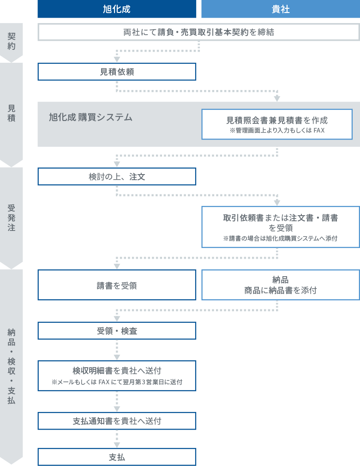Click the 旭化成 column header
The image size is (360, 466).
(x=117, y=9)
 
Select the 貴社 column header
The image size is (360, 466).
(x=281, y=9)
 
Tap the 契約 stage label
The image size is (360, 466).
(x=12, y=41)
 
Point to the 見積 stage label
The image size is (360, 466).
(x=12, y=113)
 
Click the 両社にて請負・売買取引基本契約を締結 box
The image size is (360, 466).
(x=198, y=32)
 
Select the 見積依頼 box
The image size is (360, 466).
(x=117, y=72)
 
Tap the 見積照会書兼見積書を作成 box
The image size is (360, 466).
(x=277, y=124)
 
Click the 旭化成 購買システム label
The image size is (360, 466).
(x=90, y=117)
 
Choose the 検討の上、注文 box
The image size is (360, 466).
(x=117, y=177)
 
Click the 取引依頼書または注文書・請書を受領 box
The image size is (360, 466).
(x=280, y=227)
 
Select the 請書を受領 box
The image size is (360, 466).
(x=117, y=285)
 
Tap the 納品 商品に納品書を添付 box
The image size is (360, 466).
(x=280, y=285)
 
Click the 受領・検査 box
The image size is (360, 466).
(x=117, y=331)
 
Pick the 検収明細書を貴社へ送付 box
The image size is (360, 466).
(x=117, y=376)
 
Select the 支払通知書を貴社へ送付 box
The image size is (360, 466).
(x=117, y=421)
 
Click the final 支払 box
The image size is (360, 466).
(x=117, y=457)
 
